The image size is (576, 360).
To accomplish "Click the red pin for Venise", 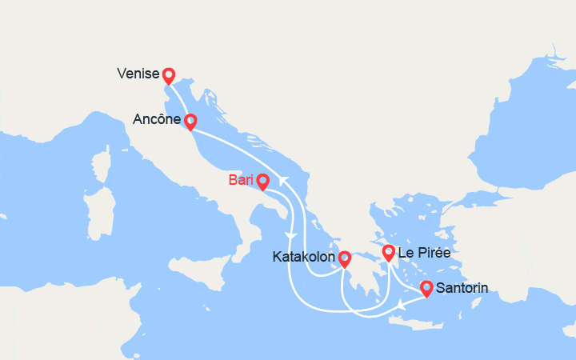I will (x=168, y=76).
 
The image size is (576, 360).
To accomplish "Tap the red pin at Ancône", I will (x=190, y=122).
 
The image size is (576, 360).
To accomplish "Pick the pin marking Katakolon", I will (x=344, y=258).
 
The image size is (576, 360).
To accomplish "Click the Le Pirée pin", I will (x=388, y=254).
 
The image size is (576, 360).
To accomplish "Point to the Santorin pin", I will (x=426, y=287).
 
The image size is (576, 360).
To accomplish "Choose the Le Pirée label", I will (x=424, y=254).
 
